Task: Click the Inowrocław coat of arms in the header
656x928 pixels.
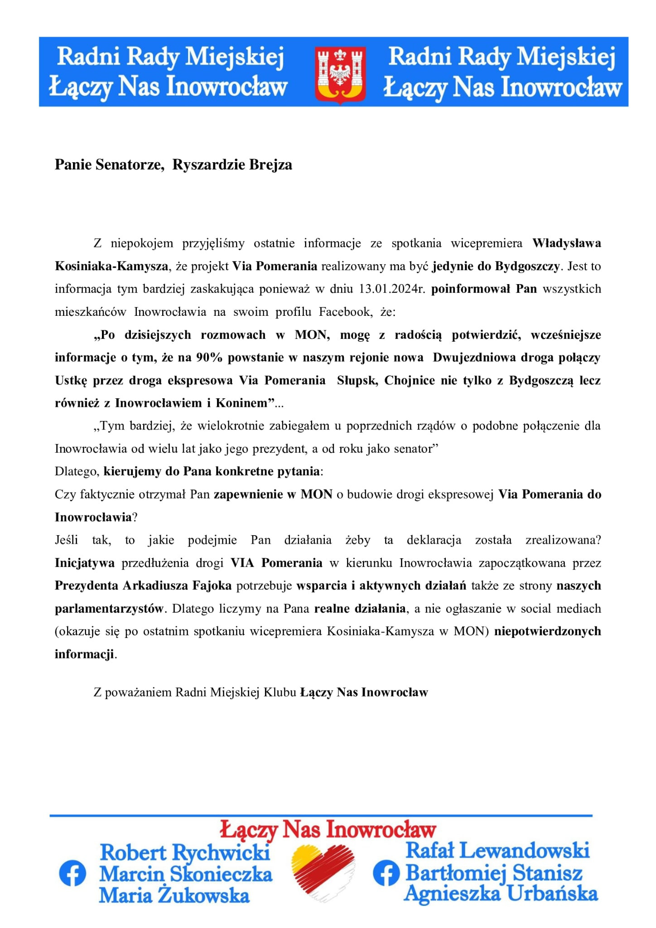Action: pyautogui.click(x=340, y=75)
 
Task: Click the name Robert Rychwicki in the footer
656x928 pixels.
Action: pyautogui.click(x=185, y=853)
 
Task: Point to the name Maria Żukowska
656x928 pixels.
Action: pyautogui.click(x=174, y=895)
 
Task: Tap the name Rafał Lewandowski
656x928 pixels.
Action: pyautogui.click(x=497, y=850)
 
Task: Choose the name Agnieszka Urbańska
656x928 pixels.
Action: pyautogui.click(x=501, y=894)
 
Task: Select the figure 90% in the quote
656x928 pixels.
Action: pyautogui.click(x=209, y=358)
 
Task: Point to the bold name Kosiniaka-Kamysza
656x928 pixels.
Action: pyautogui.click(x=111, y=266)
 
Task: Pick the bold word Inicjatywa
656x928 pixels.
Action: pyautogui.click(x=85, y=563)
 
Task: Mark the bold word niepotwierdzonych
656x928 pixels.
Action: pyautogui.click(x=547, y=631)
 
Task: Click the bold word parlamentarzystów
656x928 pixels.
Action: pyautogui.click(x=109, y=609)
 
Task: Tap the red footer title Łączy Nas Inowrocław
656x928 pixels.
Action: pyautogui.click(x=328, y=830)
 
